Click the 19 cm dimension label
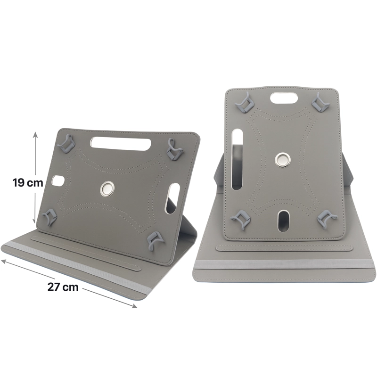click(x=28, y=183)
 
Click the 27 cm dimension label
click(x=63, y=287)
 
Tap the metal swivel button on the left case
click(x=107, y=188)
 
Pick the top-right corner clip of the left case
click(x=175, y=147)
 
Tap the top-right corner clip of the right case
click(x=320, y=101)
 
